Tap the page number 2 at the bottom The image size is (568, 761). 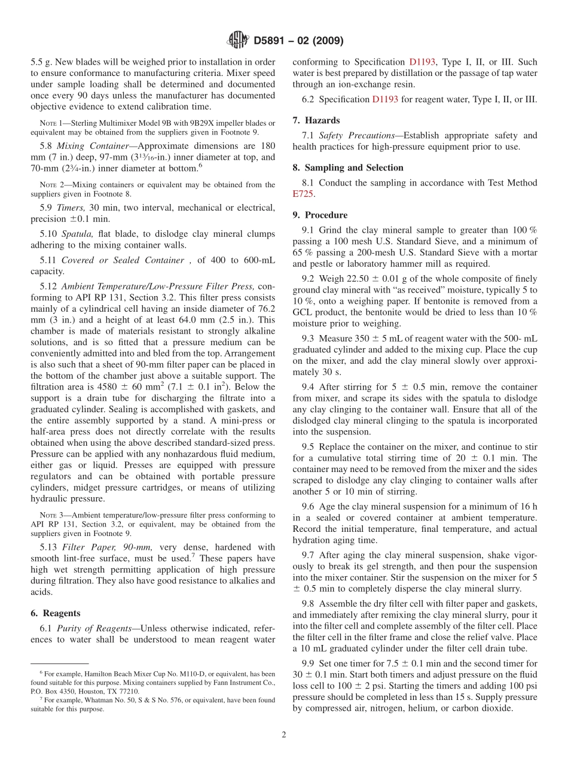coord(284,735)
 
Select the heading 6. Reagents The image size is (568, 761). coord(55,613)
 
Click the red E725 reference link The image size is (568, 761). coord(303,194)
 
